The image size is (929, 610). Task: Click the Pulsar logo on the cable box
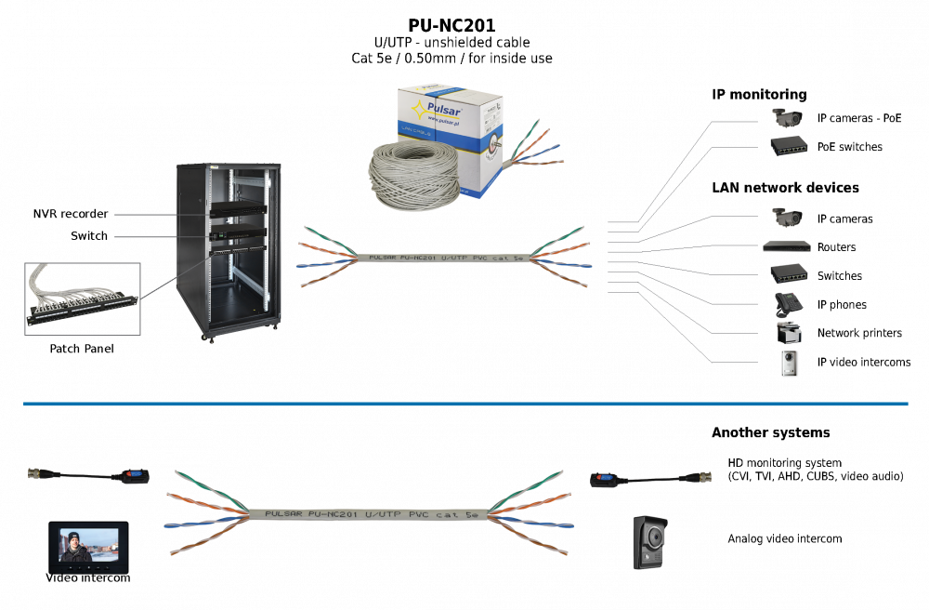437,110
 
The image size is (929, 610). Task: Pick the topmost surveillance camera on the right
787,117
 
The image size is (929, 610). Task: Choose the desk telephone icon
788,303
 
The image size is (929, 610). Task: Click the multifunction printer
788,333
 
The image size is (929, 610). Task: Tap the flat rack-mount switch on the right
788,246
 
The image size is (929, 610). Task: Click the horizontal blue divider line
464,404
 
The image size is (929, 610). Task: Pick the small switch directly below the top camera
788,144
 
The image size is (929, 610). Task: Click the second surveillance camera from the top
787,216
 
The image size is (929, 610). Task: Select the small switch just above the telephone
788,273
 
